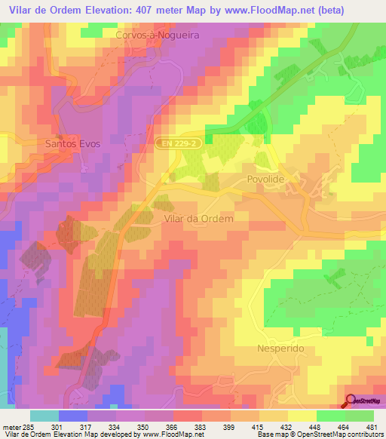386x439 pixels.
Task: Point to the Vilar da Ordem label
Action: point(198,217)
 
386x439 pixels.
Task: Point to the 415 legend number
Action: point(259,428)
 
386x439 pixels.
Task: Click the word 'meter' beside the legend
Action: point(11,428)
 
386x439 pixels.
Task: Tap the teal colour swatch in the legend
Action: point(44,416)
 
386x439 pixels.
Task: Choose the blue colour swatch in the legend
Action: point(73,416)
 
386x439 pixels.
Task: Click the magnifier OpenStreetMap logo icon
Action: point(351,401)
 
